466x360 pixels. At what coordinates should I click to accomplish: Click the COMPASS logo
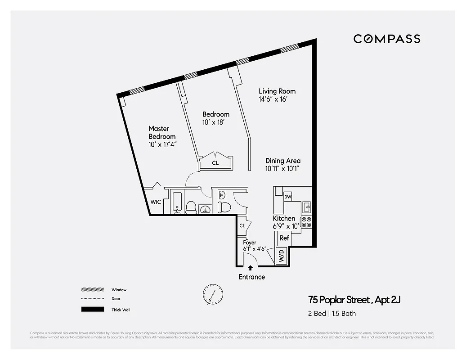tap(386, 39)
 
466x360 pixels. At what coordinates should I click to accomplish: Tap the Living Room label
tap(277, 91)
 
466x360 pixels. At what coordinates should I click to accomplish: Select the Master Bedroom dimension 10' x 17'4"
tap(163, 145)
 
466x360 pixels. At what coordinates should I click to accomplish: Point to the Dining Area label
tap(282, 161)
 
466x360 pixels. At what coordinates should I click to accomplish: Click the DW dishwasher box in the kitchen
tap(288, 197)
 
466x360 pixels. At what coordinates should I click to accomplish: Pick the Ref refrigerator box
tap(284, 238)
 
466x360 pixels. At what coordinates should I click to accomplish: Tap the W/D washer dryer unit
tap(281, 257)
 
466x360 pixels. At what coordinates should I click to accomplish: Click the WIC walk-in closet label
tap(156, 202)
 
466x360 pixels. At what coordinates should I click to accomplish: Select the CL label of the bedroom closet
tap(215, 163)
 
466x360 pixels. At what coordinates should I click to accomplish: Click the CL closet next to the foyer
tap(242, 225)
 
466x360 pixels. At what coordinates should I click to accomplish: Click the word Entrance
tap(251, 277)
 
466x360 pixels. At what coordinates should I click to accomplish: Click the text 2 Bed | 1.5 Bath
tap(332, 313)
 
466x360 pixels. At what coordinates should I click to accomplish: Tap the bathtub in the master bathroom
tap(176, 202)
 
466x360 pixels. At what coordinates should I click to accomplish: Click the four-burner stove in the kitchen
tap(306, 222)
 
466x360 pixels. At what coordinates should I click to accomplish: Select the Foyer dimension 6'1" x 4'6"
tap(255, 248)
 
